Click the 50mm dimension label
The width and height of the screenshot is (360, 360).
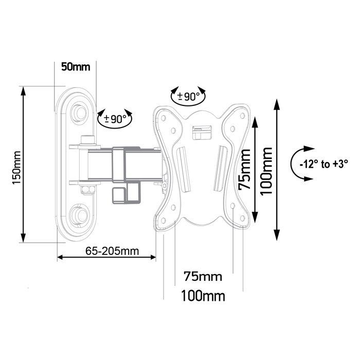coord(75,67)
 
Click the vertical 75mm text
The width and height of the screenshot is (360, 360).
coord(248,170)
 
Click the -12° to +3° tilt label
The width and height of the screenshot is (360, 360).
coord(324,164)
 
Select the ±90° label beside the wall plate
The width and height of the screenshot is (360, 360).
coord(115,119)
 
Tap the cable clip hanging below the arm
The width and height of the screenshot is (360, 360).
coord(125,194)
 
